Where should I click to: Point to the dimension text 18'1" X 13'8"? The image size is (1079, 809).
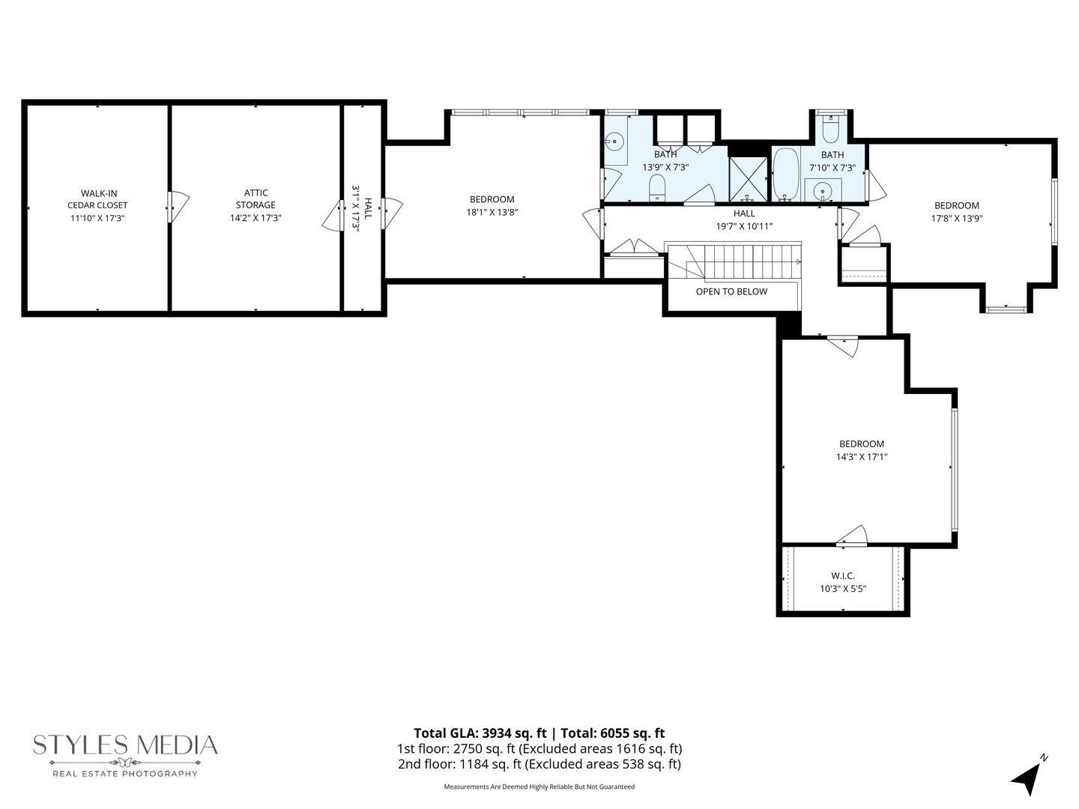pos(492,212)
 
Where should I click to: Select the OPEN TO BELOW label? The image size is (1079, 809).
pos(731,291)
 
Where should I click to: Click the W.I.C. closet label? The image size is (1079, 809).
pos(843,576)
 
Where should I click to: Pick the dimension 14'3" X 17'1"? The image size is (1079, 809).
pos(862,457)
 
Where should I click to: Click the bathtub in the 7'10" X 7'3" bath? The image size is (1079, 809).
pos(785,175)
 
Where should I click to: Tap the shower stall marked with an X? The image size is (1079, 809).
pos(748,179)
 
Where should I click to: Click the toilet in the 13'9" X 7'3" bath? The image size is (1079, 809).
pos(657,189)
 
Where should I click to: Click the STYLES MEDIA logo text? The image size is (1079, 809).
pos(125,745)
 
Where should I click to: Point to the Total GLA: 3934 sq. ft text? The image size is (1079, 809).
pos(480,733)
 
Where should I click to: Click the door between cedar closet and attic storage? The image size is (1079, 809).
pos(178,207)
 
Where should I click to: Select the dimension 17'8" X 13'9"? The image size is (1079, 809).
pos(957,219)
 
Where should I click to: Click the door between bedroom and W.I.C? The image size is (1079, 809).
pos(852,536)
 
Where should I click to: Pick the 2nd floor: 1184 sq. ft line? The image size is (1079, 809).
pos(539,764)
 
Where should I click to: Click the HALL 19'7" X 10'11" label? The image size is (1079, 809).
pos(744,220)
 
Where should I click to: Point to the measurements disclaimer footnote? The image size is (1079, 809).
pos(539,787)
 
